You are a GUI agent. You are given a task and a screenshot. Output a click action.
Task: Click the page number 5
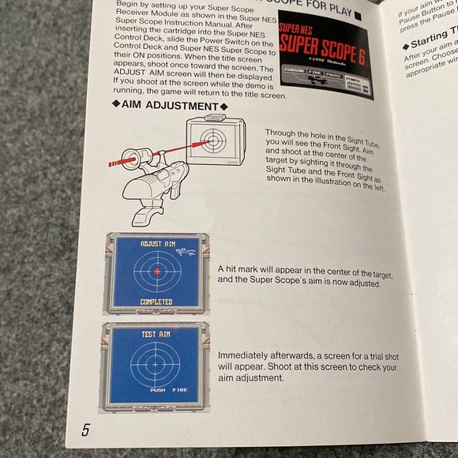coord(84,431)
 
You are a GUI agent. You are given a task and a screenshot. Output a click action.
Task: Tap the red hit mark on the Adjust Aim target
coord(156,272)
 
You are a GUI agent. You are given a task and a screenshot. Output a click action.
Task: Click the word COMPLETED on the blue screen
coord(156,302)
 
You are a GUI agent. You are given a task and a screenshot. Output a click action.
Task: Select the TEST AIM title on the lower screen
coord(156,333)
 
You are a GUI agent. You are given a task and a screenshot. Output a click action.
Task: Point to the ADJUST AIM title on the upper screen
coord(156,245)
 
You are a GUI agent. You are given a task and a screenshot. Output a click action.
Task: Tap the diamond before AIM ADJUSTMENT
coord(117,106)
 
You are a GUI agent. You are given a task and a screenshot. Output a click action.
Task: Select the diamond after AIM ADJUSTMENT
coord(223,106)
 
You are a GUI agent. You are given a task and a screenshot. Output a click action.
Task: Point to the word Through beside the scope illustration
coord(281,133)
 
